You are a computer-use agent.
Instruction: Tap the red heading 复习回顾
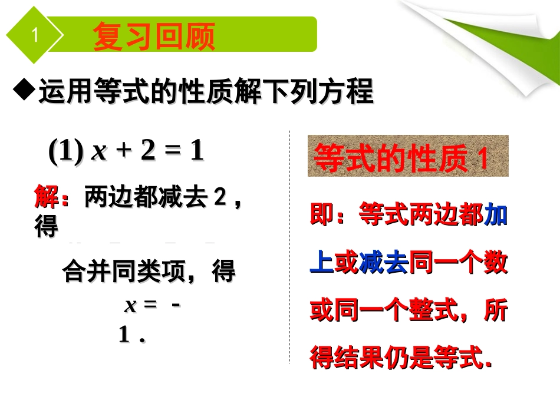(154, 37)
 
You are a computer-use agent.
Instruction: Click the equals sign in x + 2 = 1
(171, 151)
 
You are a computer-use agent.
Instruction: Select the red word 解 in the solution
(46, 198)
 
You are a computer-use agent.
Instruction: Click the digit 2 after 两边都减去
(220, 198)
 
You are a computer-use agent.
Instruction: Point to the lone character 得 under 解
(46, 227)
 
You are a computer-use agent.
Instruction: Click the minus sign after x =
(177, 305)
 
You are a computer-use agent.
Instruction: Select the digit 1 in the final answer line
(124, 335)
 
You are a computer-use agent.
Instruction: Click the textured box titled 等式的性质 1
(408, 157)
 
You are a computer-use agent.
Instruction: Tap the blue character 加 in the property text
(496, 216)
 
